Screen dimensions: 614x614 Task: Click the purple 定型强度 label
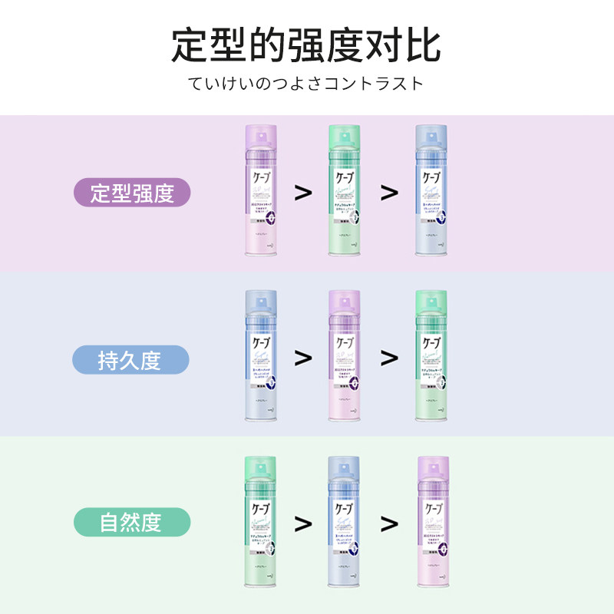[x=132, y=193]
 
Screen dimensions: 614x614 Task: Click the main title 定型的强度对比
[x=306, y=46]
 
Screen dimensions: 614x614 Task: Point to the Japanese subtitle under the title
[x=306, y=84]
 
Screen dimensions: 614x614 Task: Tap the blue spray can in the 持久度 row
[x=262, y=357]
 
